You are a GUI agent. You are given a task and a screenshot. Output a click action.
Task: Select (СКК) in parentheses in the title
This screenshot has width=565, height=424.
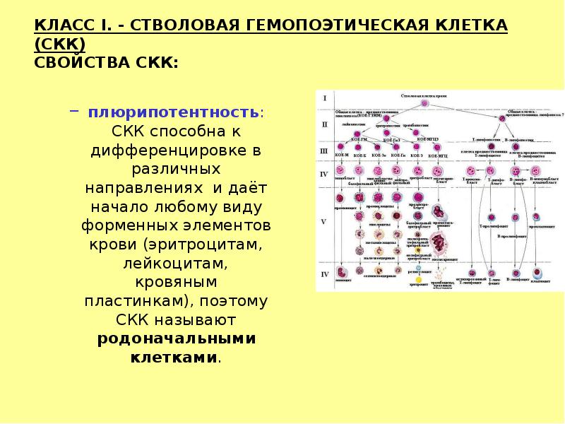pyautogui.click(x=59, y=45)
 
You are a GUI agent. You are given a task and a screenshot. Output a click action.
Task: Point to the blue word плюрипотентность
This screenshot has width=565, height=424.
pyautogui.click(x=172, y=113)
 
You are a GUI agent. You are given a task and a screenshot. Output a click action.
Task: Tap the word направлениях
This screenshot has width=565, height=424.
pyautogui.click(x=145, y=189)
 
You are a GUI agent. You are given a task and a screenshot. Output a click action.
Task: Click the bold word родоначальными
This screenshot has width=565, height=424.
pyautogui.click(x=177, y=338)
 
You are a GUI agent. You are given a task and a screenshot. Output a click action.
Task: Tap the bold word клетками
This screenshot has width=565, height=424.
pyautogui.click(x=174, y=358)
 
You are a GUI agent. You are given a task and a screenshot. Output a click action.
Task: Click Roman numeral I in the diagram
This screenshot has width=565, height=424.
pyautogui.click(x=324, y=98)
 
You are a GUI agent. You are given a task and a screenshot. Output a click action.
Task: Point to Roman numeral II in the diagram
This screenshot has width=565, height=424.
pyautogui.click(x=324, y=124)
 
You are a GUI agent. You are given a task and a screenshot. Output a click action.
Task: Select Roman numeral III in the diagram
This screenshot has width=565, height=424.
pyautogui.click(x=324, y=150)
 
